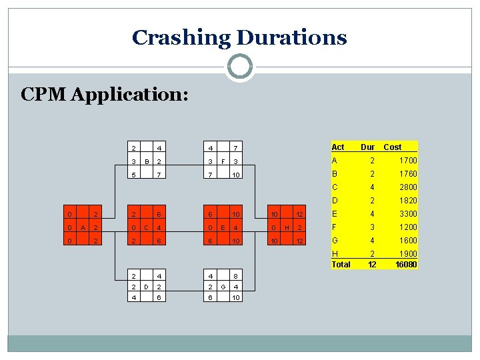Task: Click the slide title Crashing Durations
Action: click(x=239, y=37)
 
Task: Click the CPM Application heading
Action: click(x=105, y=95)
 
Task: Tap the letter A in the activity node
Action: click(x=81, y=227)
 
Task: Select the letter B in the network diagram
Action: click(x=146, y=161)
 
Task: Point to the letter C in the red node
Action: click(x=146, y=227)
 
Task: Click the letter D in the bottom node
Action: click(x=146, y=287)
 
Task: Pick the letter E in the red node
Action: click(x=221, y=227)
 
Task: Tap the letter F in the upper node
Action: click(x=221, y=161)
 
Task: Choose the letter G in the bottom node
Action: click(x=221, y=287)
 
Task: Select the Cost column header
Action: click(x=393, y=147)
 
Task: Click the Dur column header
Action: click(x=368, y=147)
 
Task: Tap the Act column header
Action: click(x=338, y=147)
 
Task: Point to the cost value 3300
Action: click(x=408, y=214)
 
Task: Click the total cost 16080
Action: click(x=406, y=264)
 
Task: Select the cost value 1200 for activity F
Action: click(x=408, y=227)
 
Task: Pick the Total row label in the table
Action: click(x=341, y=264)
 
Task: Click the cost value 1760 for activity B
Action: click(x=408, y=174)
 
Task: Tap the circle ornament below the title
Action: click(x=240, y=67)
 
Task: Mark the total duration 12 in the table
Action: click(x=373, y=264)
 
